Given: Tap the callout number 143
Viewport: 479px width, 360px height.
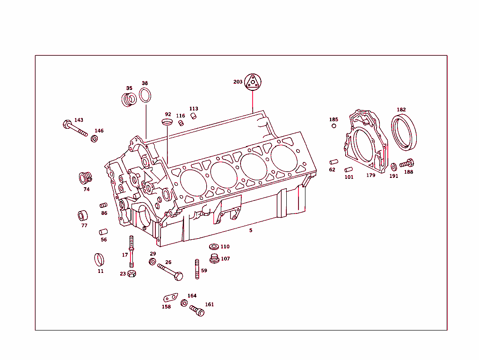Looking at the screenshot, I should pyautogui.click(x=79, y=120).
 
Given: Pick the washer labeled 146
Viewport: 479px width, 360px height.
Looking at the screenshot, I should pyautogui.click(x=94, y=139).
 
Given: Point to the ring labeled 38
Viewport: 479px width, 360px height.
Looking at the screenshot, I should pyautogui.click(x=145, y=95).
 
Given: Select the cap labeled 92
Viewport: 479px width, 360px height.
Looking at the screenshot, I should pyautogui.click(x=167, y=122).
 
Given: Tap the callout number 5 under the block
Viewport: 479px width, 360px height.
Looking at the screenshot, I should pyautogui.click(x=251, y=230).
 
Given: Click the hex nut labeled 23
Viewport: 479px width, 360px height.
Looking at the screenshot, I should pyautogui.click(x=132, y=273).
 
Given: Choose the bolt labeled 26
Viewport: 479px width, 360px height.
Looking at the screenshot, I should pyautogui.click(x=171, y=272).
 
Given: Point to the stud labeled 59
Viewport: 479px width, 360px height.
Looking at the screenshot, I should pyautogui.click(x=197, y=269).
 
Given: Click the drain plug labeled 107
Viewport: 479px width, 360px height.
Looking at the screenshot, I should pyautogui.click(x=214, y=259).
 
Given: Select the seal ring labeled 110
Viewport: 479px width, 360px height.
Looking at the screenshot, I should pyautogui.click(x=214, y=247).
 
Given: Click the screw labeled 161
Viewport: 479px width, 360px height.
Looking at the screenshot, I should pyautogui.click(x=197, y=310).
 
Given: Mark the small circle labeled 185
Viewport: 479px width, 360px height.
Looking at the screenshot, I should pyautogui.click(x=334, y=126).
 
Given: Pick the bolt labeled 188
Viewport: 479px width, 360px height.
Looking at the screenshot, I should pyautogui.click(x=407, y=164).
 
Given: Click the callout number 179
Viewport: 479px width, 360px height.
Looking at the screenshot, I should pyautogui.click(x=370, y=176).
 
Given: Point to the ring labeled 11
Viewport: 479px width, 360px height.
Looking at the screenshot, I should pyautogui.click(x=99, y=259).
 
